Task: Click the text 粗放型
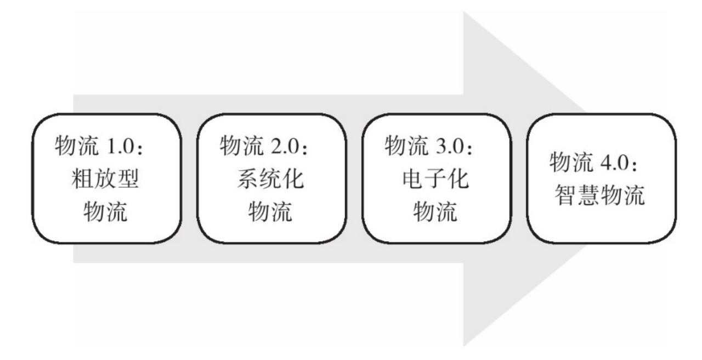105,181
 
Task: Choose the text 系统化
270,181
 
